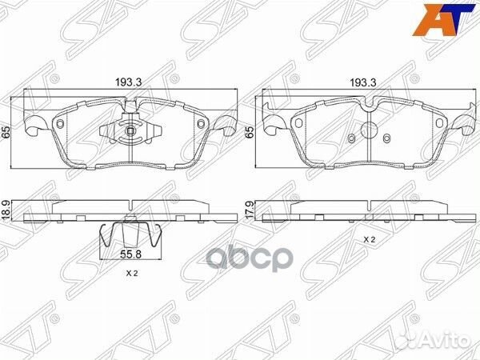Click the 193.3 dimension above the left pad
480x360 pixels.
tap(128, 82)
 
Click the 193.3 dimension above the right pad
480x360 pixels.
tap(363, 82)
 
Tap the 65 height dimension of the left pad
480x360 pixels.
tap(6, 132)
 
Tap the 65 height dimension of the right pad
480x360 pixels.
tap(250, 132)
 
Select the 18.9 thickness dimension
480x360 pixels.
tap(6, 210)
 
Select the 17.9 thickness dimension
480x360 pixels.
tap(250, 210)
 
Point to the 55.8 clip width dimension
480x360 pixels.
tap(130, 254)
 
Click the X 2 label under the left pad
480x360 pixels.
tap(132, 274)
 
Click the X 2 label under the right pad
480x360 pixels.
tap(369, 240)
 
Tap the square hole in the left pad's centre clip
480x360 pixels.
tap(130, 131)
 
